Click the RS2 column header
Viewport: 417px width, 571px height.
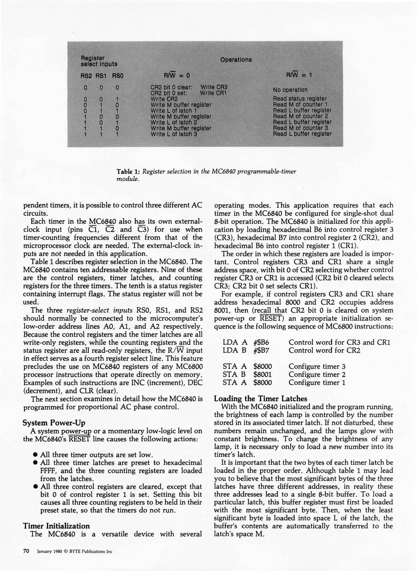(x=86, y=76)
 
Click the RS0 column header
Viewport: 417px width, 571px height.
(x=118, y=76)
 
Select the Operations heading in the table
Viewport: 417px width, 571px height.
(x=236, y=60)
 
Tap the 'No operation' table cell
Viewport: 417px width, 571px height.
(x=290, y=90)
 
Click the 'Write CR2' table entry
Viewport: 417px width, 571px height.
(x=164, y=99)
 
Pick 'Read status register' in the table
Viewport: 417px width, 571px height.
(x=300, y=99)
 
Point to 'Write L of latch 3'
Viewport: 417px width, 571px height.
(x=174, y=134)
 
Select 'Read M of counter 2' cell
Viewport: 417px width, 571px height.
(x=300, y=116)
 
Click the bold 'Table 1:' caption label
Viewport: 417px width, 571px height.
(x=128, y=172)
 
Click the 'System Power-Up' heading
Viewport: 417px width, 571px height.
(x=54, y=423)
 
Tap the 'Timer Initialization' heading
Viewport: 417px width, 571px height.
(x=56, y=526)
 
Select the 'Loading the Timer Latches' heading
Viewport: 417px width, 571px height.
(x=260, y=398)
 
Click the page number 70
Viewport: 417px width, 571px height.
(x=26, y=551)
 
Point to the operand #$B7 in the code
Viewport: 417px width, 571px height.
(x=261, y=351)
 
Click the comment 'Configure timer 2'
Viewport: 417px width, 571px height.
(x=317, y=375)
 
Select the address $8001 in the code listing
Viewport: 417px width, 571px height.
(x=262, y=375)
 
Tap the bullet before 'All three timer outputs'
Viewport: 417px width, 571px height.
(x=35, y=455)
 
